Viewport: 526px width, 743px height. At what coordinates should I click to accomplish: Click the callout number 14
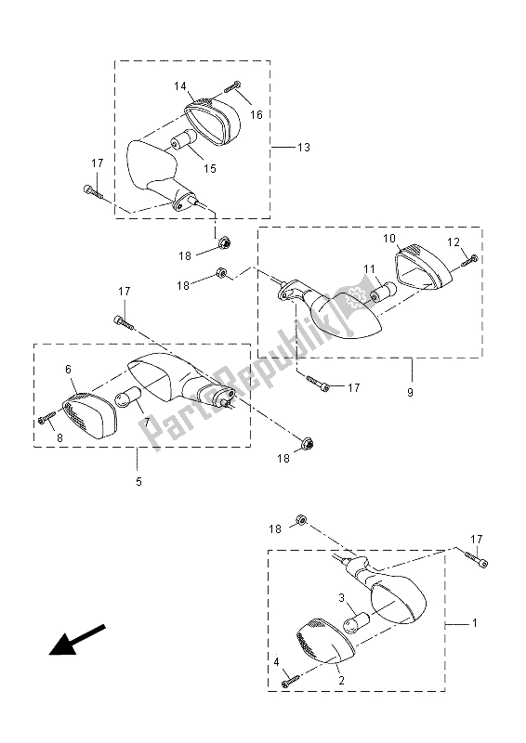180,86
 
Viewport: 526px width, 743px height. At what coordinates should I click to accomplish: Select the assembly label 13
303,148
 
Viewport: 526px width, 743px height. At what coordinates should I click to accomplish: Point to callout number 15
210,167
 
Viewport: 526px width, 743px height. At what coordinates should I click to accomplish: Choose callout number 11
369,269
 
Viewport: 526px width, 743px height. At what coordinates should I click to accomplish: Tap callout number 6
68,369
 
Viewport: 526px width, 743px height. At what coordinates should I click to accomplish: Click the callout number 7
146,424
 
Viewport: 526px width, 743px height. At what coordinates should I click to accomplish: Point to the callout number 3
341,598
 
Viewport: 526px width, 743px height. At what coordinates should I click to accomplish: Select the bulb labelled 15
181,145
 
